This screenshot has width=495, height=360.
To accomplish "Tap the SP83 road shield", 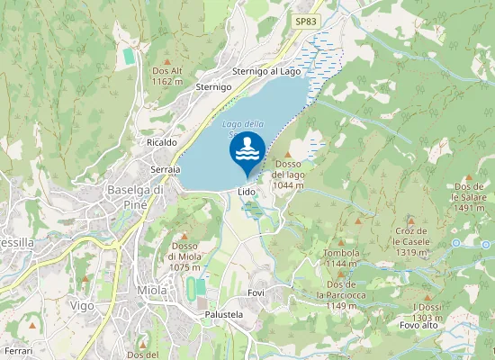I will (306, 21).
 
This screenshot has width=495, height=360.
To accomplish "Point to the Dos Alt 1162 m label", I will (168, 76).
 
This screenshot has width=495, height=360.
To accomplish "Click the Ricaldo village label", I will (161, 142).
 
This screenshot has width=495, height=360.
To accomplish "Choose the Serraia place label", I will (166, 169).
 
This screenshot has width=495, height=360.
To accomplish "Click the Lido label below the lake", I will (247, 192).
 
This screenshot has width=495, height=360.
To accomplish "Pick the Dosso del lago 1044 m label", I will (289, 174).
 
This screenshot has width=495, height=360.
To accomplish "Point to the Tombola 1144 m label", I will (341, 258).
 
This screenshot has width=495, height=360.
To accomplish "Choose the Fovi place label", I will (256, 294).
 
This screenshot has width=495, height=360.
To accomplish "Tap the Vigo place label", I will (83, 306).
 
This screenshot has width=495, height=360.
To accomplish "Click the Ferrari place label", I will (19, 349).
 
